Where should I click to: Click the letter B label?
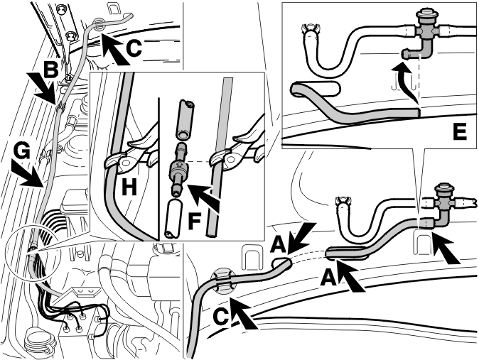pos(50,69)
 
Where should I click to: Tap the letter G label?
pos(22,152)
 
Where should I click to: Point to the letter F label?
pos(195,220)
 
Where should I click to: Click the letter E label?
pos(460,131)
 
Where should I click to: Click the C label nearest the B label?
pos(134,48)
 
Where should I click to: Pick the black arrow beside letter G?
pos(30,174)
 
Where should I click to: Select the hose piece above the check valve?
pos(184,120)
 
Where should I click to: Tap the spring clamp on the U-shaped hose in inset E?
pos(311,29)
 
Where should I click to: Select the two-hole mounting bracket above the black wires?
pos(85,292)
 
